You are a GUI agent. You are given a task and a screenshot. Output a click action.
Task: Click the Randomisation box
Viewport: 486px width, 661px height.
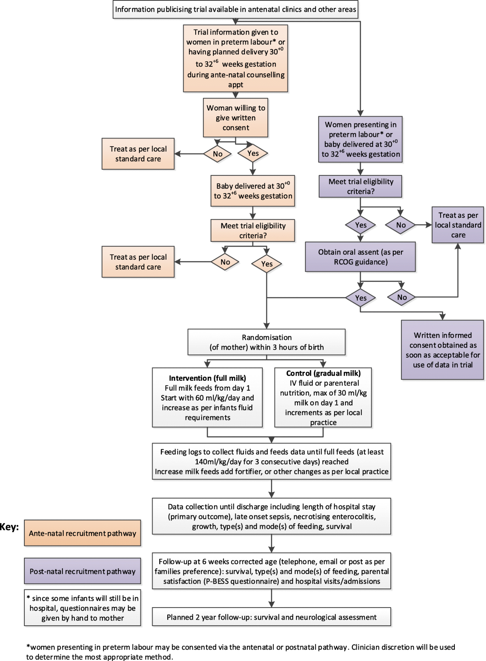click(x=266, y=342)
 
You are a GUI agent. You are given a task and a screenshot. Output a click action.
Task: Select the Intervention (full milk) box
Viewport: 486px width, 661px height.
click(x=207, y=397)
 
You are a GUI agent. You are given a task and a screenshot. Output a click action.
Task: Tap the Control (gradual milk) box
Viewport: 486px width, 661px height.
click(x=323, y=397)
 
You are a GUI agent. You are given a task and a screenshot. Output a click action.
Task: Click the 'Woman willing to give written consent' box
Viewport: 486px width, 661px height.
click(x=236, y=117)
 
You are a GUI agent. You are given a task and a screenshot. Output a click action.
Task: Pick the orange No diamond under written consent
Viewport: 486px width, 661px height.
click(x=217, y=154)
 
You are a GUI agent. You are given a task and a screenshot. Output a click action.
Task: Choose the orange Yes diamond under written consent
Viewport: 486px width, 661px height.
click(x=253, y=153)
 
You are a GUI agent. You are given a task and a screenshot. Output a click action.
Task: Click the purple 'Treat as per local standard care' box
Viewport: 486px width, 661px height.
click(x=458, y=225)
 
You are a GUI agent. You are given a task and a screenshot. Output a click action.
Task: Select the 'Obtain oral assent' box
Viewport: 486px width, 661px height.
click(x=360, y=257)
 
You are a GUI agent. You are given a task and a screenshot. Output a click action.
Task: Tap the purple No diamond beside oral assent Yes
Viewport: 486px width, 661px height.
click(x=402, y=297)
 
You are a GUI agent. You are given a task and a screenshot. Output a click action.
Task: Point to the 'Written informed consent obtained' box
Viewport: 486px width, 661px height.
click(x=443, y=350)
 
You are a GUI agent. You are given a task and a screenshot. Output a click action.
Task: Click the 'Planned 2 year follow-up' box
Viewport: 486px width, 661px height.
click(x=271, y=617)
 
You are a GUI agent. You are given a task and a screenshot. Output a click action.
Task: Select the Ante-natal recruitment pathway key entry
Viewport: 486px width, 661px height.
click(x=83, y=533)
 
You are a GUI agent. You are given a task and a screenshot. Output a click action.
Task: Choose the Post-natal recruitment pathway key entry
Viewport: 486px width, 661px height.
click(x=83, y=571)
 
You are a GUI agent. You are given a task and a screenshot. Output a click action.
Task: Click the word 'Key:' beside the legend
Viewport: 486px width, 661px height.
click(x=9, y=527)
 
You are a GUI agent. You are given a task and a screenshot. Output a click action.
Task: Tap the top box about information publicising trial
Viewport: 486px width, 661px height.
click(x=235, y=9)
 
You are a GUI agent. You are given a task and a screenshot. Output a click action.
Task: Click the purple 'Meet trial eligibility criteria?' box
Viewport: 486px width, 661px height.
click(x=360, y=186)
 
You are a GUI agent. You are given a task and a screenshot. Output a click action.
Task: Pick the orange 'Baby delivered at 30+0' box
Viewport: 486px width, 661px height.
click(x=253, y=191)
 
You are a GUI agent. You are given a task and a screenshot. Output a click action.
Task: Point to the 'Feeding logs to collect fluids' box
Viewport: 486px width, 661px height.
click(x=271, y=461)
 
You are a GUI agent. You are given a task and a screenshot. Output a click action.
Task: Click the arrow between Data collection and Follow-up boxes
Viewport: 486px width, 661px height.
click(x=271, y=544)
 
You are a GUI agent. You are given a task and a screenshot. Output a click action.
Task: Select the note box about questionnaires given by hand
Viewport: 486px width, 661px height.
click(x=83, y=608)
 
